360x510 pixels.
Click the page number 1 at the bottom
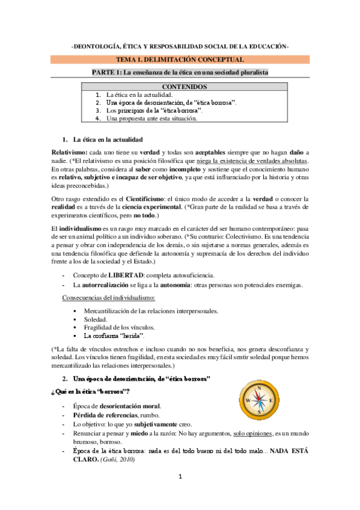click(180, 477)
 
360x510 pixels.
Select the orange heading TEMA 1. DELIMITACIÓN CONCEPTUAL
click(180, 60)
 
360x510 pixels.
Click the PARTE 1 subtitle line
click(180, 72)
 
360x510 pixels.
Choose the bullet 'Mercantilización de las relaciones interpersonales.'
click(150, 311)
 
